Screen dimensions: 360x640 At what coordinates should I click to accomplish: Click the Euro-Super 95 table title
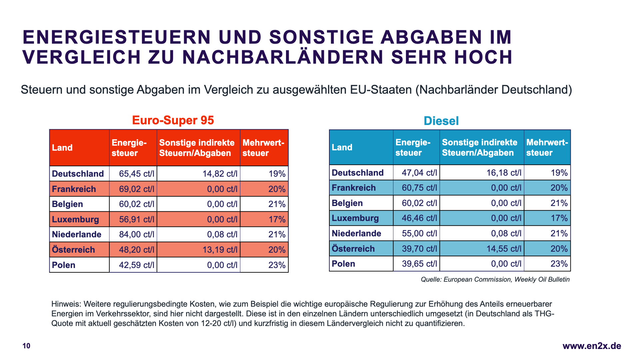tap(173, 120)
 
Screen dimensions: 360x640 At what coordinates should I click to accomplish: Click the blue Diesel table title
tap(441, 121)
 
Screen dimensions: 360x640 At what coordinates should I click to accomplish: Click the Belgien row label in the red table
tap(67, 204)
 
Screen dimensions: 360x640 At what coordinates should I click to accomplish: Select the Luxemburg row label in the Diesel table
tap(355, 218)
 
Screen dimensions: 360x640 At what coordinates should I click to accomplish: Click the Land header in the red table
tap(62, 148)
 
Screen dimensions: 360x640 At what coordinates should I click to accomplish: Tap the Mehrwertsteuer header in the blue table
tap(547, 147)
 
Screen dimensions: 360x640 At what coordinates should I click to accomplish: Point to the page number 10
tap(26, 346)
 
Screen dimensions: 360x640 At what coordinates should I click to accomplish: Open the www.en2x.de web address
tap(592, 346)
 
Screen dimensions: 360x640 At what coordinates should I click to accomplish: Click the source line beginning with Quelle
tap(495, 279)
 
